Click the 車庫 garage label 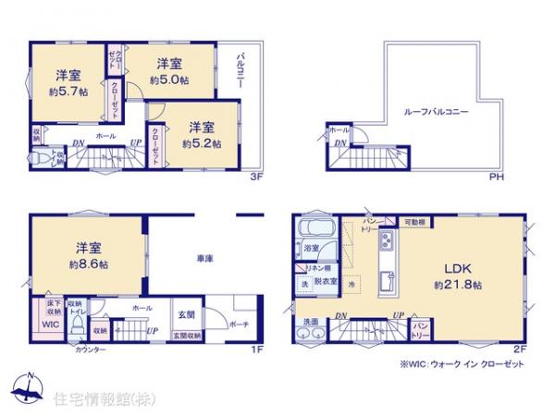point(205,259)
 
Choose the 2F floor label point(519,349)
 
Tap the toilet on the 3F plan point(41,160)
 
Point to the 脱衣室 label point(326,280)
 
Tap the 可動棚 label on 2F point(414,222)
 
